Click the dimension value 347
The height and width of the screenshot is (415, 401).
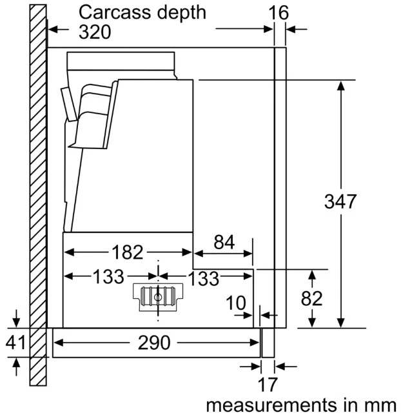click(x=340, y=201)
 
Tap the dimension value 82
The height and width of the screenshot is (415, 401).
click(x=311, y=299)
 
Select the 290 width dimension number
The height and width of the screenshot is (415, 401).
click(x=154, y=343)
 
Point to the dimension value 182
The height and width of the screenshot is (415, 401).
click(x=128, y=252)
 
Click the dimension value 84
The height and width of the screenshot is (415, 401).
click(x=224, y=242)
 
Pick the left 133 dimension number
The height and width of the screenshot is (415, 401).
click(x=109, y=277)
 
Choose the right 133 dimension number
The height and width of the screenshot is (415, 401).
click(x=203, y=278)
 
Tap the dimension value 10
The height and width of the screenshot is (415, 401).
click(x=236, y=303)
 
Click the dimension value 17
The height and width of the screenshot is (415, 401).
click(x=268, y=385)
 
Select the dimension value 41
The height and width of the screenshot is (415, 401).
click(x=16, y=343)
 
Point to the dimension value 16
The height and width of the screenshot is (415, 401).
click(x=279, y=13)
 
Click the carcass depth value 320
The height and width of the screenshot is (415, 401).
click(x=95, y=32)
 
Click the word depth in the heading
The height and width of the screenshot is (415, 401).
click(x=182, y=13)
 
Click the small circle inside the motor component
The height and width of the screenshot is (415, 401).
click(x=158, y=298)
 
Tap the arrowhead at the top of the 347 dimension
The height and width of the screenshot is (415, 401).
click(x=341, y=86)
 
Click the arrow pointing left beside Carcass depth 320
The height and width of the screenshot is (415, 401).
click(x=59, y=29)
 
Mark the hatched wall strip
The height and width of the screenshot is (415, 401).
click(x=38, y=195)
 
